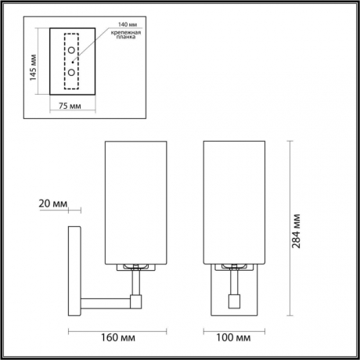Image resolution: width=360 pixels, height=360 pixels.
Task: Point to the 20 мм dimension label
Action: (51, 204)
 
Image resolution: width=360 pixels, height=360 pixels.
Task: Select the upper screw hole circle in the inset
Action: (71, 52)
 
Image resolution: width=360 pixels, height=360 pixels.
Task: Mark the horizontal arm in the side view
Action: (106, 299)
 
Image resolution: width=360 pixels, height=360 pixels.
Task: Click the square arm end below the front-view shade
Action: (233, 299)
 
